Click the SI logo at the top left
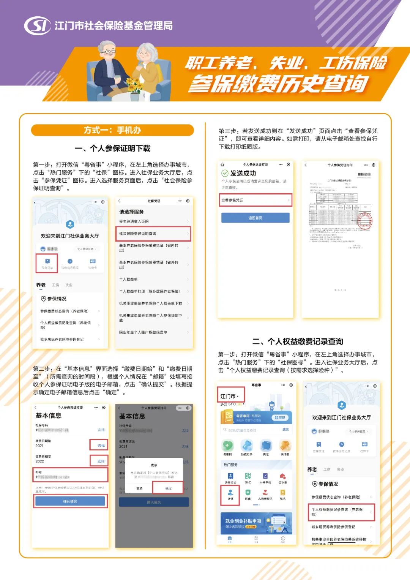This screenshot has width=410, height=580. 37,25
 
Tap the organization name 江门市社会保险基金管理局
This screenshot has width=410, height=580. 114,25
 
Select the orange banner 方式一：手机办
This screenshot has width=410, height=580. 112,130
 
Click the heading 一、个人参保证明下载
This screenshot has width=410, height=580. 112,149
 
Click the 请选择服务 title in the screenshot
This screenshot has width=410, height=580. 131,212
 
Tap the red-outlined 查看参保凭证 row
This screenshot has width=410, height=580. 255,200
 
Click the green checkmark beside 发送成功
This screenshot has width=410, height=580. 225,173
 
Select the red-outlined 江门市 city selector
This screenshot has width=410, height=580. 230,396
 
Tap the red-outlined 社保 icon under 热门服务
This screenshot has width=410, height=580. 230,495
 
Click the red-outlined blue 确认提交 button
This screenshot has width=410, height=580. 70,501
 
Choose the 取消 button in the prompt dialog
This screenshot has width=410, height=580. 139,488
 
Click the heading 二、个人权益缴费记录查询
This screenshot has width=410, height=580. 298,341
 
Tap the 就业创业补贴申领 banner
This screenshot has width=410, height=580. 256,523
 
